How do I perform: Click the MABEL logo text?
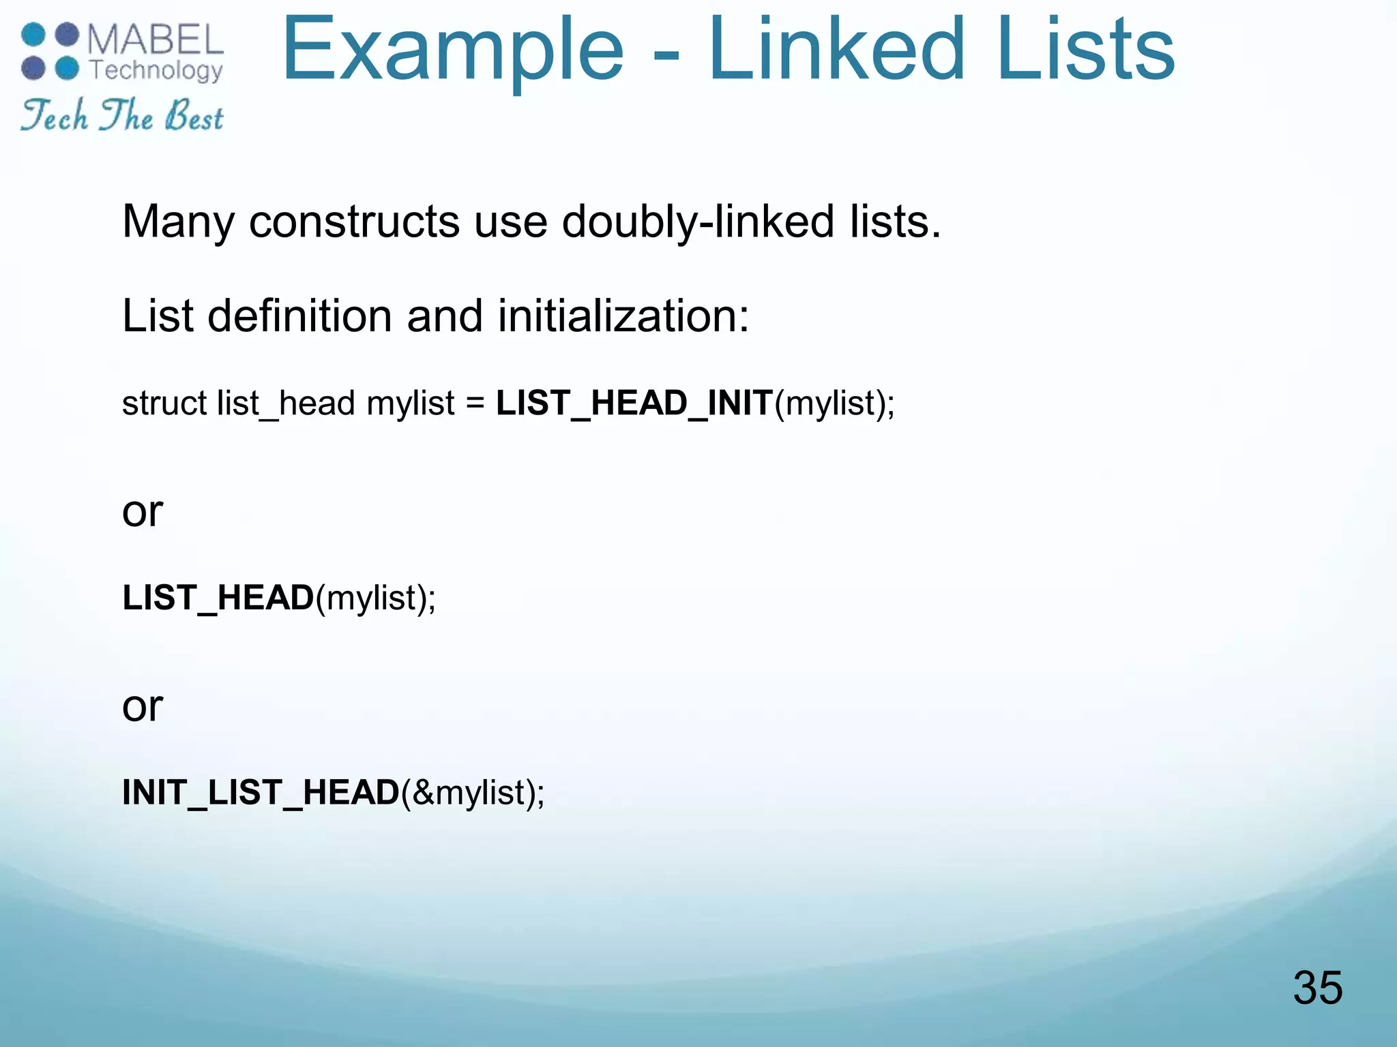coord(156,40)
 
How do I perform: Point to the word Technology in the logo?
coord(156,70)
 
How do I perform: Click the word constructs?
coord(354,222)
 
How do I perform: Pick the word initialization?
coord(623,316)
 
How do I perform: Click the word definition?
coord(299,316)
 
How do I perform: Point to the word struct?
coord(164,403)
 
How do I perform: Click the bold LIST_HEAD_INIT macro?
coord(634,403)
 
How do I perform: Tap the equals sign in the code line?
coord(475,404)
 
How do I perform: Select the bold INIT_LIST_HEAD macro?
coord(261,792)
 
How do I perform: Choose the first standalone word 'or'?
coord(143,511)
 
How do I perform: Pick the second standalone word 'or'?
coord(143,706)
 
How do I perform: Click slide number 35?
coord(1317,988)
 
